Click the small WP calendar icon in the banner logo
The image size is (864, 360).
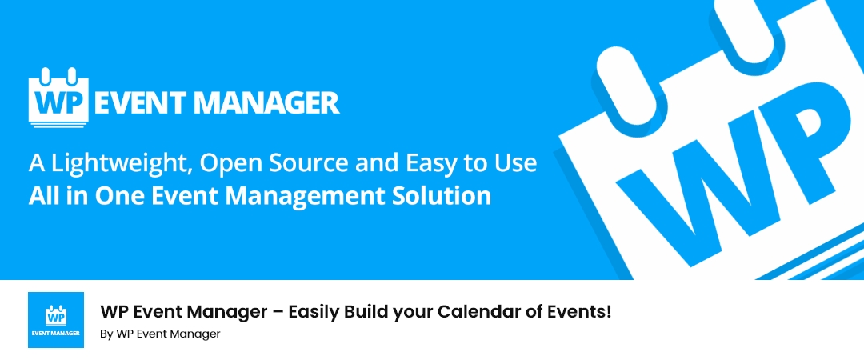pyautogui.click(x=59, y=97)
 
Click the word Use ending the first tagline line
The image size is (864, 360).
pyautogui.click(x=514, y=164)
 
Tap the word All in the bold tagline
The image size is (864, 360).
pyautogui.click(x=42, y=197)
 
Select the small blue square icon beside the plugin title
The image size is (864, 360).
pyautogui.click(x=56, y=320)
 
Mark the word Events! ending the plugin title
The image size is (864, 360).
pyautogui.click(x=583, y=311)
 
